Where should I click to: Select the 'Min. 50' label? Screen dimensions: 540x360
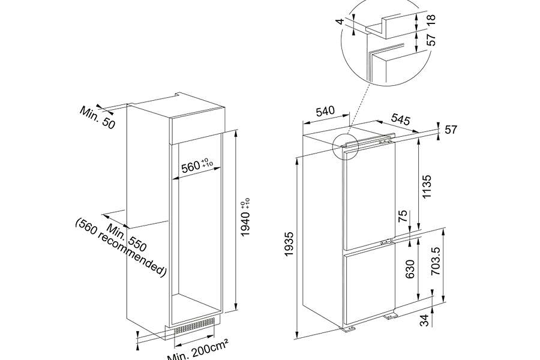pyautogui.click(x=97, y=118)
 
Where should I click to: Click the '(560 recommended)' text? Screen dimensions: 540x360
pyautogui.click(x=121, y=247)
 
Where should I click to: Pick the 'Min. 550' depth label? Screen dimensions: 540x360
pyautogui.click(x=127, y=238)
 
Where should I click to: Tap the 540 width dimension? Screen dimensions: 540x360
pyautogui.click(x=325, y=111)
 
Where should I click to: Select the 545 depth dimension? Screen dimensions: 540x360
pyautogui.click(x=401, y=119)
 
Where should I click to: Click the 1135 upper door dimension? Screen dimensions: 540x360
pyautogui.click(x=427, y=187)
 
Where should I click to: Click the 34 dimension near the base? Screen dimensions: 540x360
pyautogui.click(x=425, y=320)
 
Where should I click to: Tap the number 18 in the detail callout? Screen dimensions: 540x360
pyautogui.click(x=431, y=19)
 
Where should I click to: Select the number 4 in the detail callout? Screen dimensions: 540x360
pyautogui.click(x=340, y=21)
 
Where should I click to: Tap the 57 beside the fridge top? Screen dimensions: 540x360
pyautogui.click(x=451, y=130)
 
